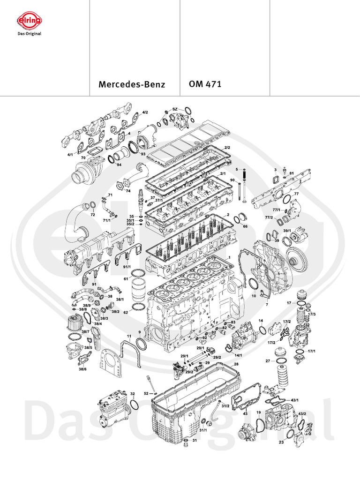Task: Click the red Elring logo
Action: [29, 21]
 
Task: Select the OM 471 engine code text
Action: [205, 85]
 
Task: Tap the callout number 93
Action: [143, 154]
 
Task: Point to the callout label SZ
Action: [175, 109]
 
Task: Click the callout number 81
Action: [291, 174]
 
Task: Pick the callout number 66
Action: [245, 226]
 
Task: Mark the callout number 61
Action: [126, 278]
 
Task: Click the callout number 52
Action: [146, 393]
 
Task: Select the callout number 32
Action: [133, 394]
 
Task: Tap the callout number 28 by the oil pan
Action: [236, 364]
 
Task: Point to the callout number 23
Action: [281, 442]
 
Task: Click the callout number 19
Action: [258, 412]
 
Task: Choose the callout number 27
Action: [268, 361]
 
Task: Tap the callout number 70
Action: [83, 158]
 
